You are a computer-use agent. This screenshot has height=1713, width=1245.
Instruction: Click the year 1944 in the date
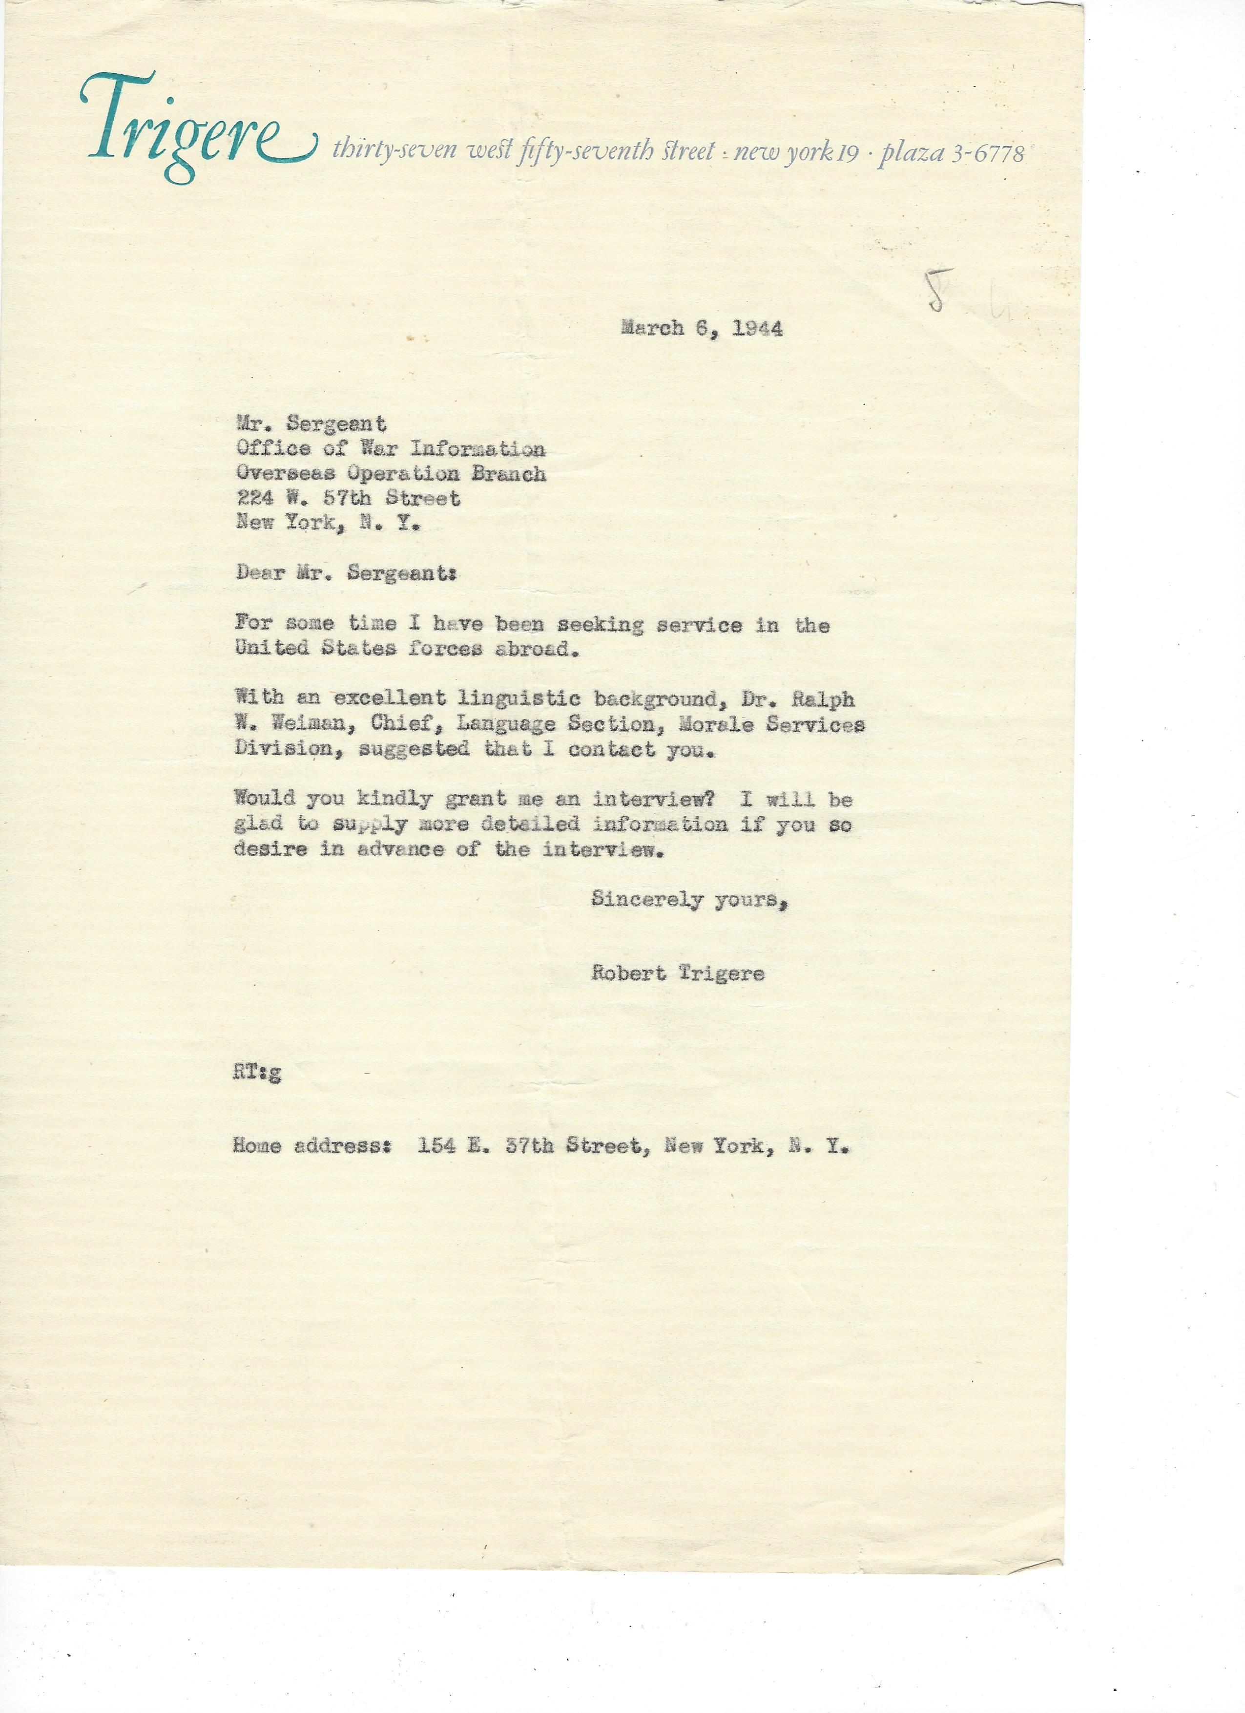(x=757, y=329)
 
